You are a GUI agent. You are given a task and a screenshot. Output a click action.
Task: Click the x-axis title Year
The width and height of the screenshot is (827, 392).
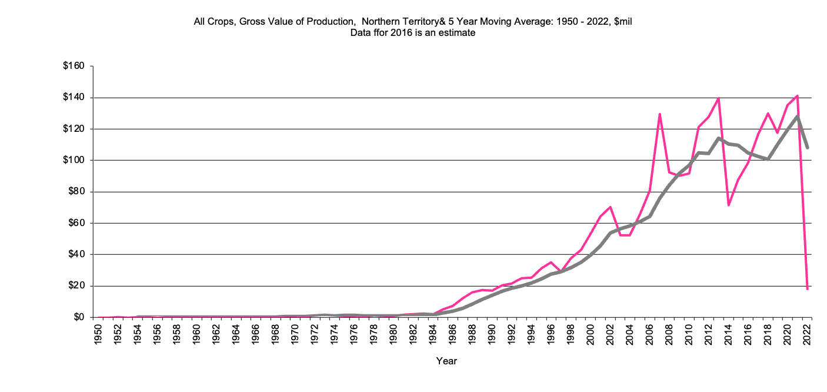(446, 361)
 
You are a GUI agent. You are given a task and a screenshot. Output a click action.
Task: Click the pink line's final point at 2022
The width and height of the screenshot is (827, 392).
(808, 289)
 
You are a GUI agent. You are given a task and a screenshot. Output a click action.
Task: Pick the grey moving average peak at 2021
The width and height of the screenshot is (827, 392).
(798, 116)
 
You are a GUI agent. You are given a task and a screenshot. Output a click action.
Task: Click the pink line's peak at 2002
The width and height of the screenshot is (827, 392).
(611, 207)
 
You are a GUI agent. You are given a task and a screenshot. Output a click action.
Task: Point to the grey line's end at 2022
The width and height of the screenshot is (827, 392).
(808, 148)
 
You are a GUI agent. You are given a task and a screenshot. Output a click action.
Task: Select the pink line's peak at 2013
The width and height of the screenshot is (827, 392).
(719, 98)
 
